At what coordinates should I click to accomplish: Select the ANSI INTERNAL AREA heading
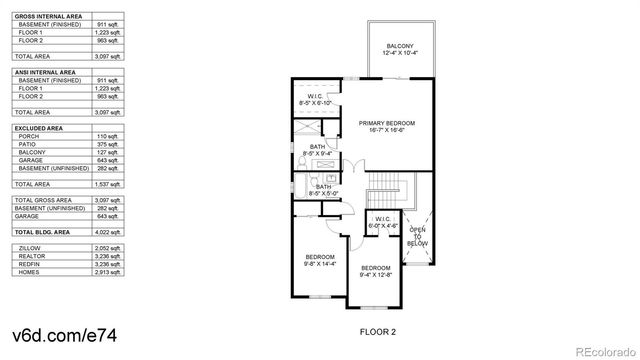pyautogui.click(x=44, y=72)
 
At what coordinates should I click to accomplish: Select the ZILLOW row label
pyautogui.click(x=29, y=245)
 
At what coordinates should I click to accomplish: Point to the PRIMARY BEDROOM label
pyautogui.click(x=386, y=124)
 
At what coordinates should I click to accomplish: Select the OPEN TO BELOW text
pyautogui.click(x=416, y=240)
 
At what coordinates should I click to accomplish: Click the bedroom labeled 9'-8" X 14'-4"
pyautogui.click(x=321, y=260)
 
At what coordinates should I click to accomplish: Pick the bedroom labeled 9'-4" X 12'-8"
pyautogui.click(x=375, y=270)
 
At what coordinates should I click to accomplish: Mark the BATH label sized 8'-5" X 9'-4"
pyautogui.click(x=316, y=149)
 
